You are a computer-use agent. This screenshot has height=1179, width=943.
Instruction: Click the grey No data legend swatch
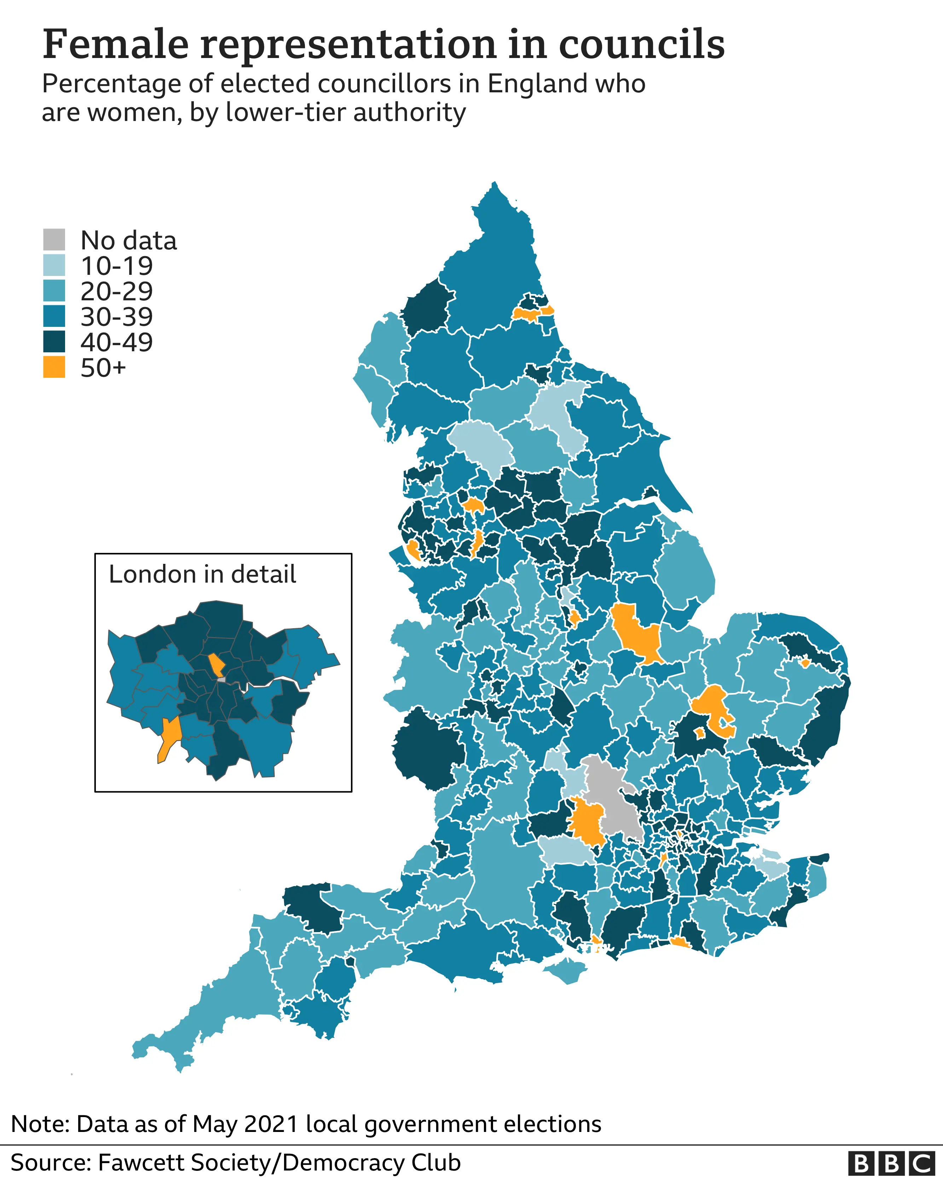[54, 239]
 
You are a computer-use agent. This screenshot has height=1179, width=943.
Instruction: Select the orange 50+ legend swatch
[54, 367]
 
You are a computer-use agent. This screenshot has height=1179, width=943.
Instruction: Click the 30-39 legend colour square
[54, 316]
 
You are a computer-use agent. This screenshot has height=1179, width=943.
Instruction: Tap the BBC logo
[891, 1163]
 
